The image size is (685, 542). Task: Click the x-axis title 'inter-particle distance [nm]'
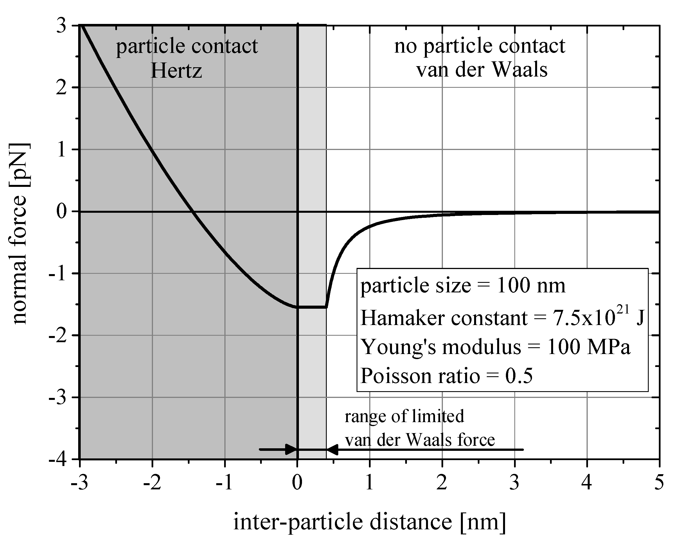click(369, 522)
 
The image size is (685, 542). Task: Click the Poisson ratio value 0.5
click(519, 376)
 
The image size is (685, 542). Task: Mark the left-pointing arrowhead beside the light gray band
click(332, 449)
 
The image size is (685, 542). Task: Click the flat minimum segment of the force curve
click(312, 307)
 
